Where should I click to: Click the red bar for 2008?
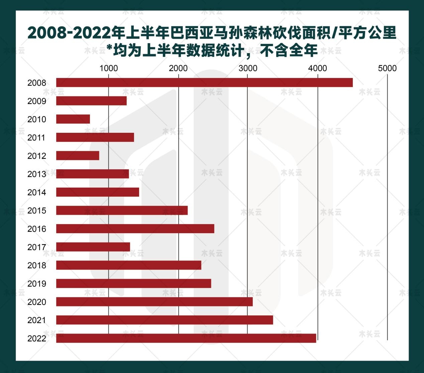[204, 82]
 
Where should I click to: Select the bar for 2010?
[73, 119]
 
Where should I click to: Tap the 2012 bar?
[78, 156]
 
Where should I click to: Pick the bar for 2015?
[122, 210]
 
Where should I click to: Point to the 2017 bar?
[93, 247]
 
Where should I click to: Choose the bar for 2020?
[154, 302]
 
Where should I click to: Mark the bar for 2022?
[186, 338]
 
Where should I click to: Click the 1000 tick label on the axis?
[109, 68]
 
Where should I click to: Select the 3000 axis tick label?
[248, 68]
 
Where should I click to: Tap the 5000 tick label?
[387, 68]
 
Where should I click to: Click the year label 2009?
[37, 101]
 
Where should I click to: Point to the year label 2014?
[37, 192]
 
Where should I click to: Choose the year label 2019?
[37, 284]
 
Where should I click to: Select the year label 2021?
[37, 320]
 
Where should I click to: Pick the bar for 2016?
[135, 229]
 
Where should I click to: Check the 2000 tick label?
[178, 68]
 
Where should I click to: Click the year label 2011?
[37, 137]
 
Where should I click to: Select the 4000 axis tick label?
[317, 68]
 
